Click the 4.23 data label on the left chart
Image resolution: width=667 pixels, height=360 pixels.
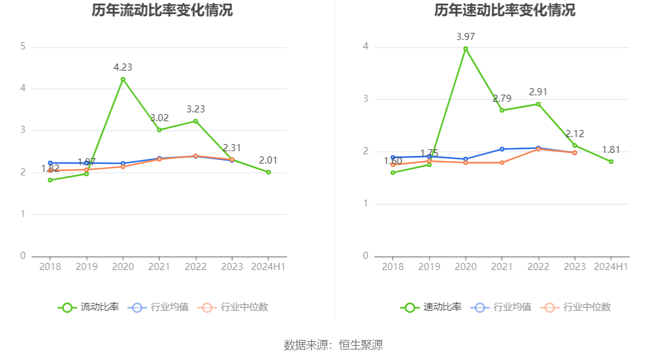122,67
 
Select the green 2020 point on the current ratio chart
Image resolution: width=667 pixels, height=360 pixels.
123,79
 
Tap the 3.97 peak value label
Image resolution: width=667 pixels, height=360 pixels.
465,36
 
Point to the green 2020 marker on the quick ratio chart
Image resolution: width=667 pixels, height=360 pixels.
465,49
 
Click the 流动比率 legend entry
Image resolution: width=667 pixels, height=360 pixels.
88,307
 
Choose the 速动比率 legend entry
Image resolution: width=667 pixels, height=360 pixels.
431,307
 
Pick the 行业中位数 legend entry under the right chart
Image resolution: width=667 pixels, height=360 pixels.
576,307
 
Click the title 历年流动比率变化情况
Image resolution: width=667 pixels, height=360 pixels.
162,10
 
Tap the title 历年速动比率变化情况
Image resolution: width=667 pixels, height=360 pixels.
505,10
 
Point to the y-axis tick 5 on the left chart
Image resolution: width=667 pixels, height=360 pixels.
23,46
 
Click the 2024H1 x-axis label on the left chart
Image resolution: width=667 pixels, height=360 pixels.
268,266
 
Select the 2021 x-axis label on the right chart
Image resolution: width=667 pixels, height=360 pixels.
502,266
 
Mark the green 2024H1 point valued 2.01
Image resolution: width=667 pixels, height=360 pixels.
268,172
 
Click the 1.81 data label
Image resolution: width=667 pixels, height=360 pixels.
611,149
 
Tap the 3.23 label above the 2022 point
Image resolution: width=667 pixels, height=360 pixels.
195,109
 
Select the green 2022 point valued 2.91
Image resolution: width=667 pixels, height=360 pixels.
538,104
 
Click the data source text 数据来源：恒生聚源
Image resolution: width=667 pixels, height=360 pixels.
333,345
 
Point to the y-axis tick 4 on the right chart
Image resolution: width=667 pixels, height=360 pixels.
366,46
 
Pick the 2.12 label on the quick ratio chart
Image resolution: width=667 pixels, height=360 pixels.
575,134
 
